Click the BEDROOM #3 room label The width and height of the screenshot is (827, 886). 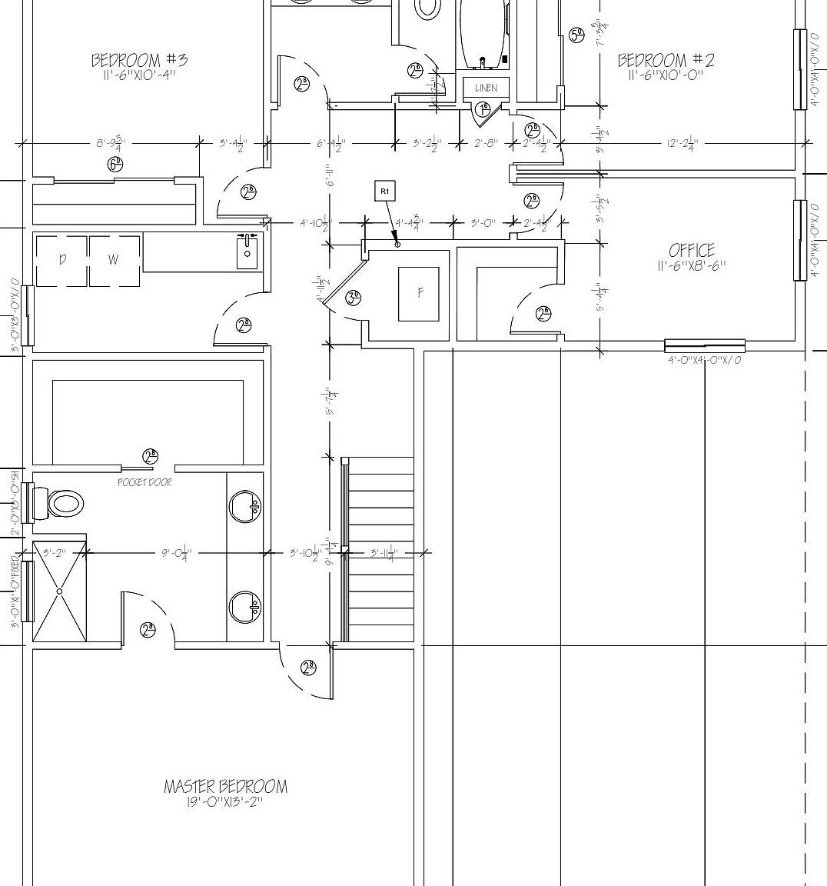click(139, 60)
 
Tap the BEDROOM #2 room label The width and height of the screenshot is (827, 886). click(666, 60)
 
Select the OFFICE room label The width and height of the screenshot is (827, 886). click(691, 251)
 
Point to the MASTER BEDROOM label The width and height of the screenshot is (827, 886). click(225, 787)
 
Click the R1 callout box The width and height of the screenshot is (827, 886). click(385, 191)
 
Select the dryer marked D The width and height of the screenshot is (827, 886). click(62, 261)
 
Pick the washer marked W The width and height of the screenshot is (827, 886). click(114, 261)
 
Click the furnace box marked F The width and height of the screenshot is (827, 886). click(419, 293)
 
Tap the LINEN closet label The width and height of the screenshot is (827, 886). click(486, 88)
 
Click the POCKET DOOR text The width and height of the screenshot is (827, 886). click(144, 482)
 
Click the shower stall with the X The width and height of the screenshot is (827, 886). click(59, 591)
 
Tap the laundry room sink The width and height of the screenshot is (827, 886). click(247, 251)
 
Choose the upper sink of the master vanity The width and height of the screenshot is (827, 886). click(246, 506)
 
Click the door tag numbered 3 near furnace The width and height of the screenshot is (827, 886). click(353, 298)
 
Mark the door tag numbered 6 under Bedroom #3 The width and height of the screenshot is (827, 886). click(115, 164)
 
